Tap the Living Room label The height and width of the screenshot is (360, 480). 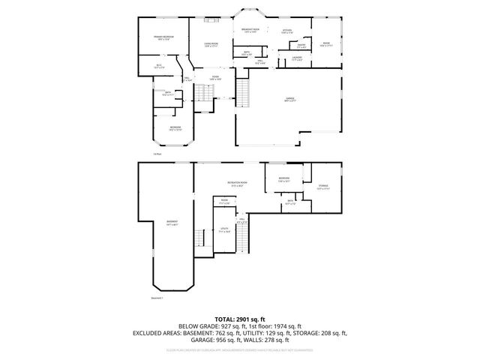(x=211, y=44)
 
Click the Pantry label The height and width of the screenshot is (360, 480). (x=300, y=45)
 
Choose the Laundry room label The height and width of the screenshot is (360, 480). (x=297, y=58)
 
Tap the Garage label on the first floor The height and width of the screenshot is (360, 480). (x=289, y=99)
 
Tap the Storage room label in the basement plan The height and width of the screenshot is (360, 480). (x=323, y=187)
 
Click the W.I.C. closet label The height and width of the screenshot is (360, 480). (x=159, y=66)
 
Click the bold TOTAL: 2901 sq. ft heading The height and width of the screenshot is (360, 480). (x=239, y=319)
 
